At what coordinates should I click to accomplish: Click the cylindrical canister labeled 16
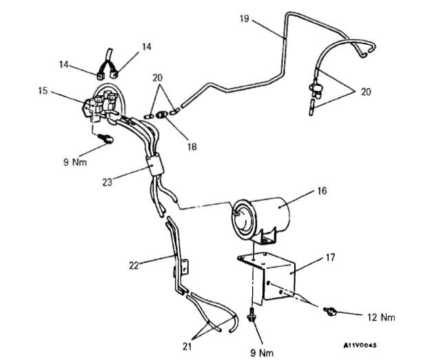pos(265,214)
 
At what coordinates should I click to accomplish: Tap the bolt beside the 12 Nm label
pos(332,312)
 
